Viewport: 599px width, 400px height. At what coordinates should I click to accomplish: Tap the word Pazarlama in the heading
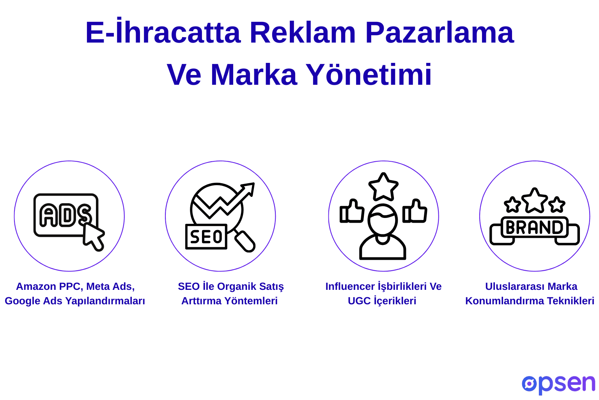pyautogui.click(x=440, y=32)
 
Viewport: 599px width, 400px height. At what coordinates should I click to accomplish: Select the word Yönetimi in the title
pyautogui.click(x=369, y=74)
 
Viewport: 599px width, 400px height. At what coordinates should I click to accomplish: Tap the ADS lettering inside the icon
pyautogui.click(x=65, y=215)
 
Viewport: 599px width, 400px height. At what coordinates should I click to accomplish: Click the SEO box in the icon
pyautogui.click(x=206, y=237)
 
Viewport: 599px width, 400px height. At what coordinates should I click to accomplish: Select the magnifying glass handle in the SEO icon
pyautogui.click(x=245, y=241)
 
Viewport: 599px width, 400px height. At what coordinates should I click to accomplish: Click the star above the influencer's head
pyautogui.click(x=383, y=186)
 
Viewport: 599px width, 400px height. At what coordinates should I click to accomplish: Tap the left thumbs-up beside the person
pyautogui.click(x=352, y=211)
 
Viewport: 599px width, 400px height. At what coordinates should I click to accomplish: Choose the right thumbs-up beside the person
pyautogui.click(x=415, y=211)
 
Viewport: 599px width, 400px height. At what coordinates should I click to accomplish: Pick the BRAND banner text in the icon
pyautogui.click(x=534, y=227)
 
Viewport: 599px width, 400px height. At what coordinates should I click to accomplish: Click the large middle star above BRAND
pyautogui.click(x=535, y=200)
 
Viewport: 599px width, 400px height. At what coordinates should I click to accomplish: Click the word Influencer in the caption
pyautogui.click(x=350, y=286)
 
